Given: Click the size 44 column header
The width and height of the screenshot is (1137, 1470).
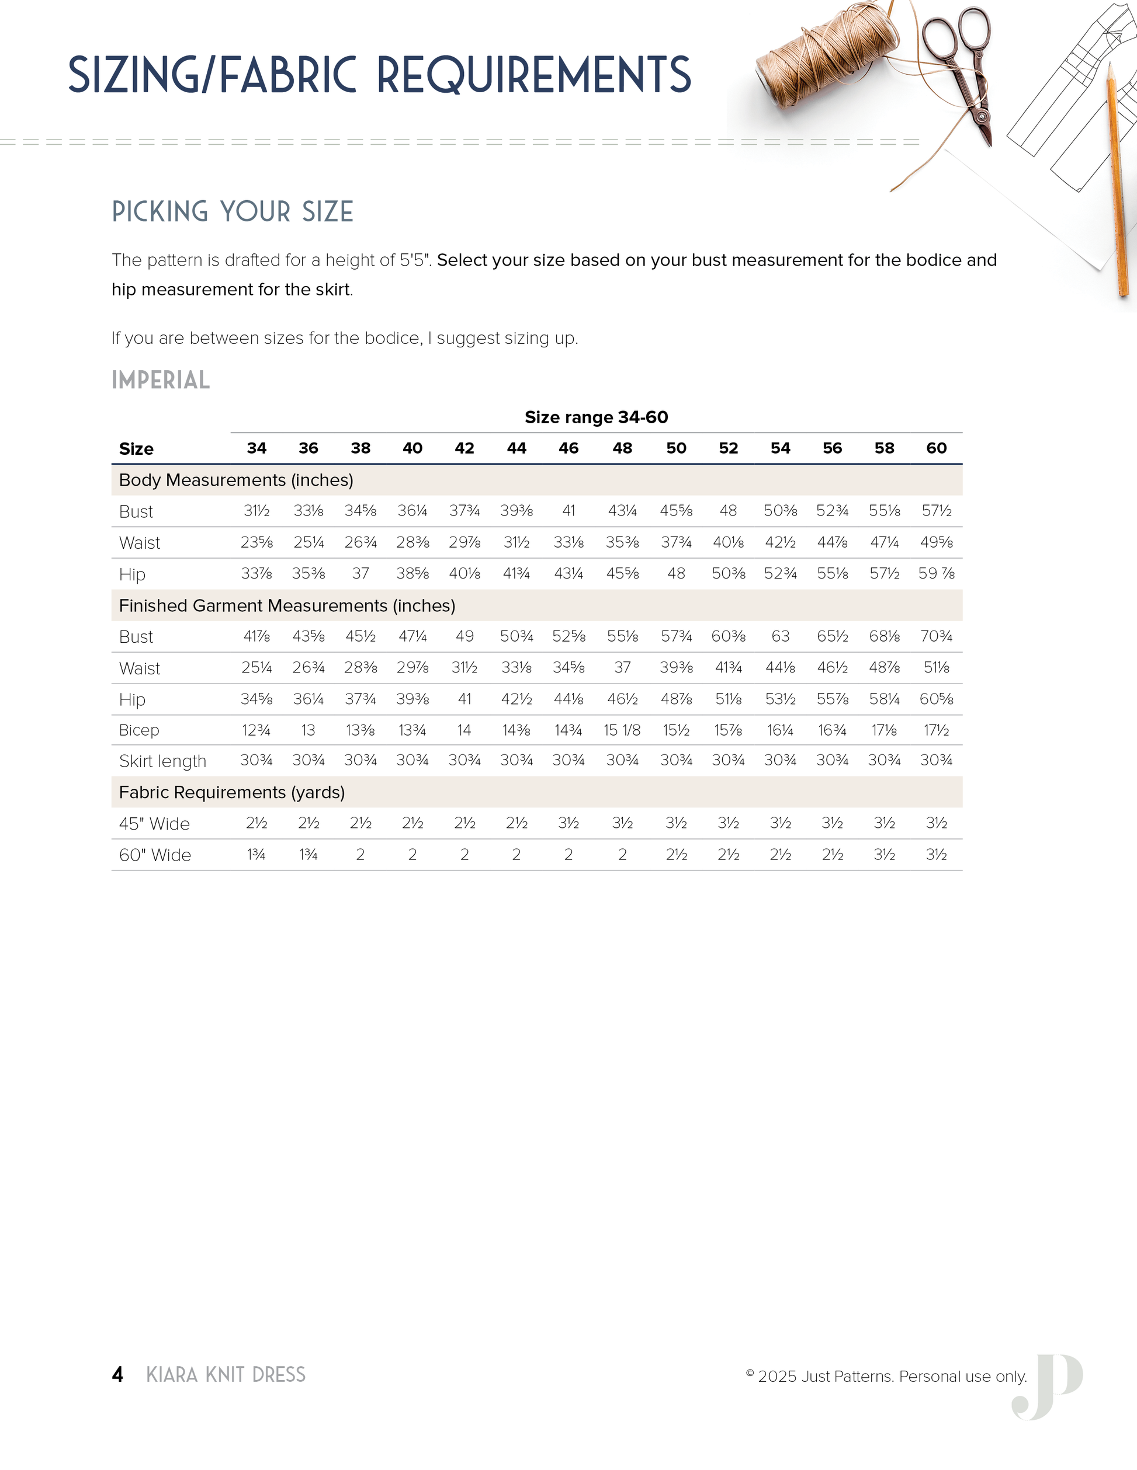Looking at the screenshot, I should [516, 448].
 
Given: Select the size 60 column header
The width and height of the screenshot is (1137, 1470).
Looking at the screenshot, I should [936, 448].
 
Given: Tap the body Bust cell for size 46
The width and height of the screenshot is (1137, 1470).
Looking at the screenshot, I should [568, 511].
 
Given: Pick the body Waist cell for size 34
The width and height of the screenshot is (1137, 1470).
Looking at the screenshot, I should [256, 542].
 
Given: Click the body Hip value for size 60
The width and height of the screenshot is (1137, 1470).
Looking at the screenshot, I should [936, 573].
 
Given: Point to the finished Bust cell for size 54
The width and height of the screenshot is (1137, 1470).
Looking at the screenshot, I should [780, 637].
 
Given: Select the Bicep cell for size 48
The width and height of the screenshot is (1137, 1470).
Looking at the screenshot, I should [622, 730].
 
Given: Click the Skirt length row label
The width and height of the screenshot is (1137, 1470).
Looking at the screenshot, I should [162, 761].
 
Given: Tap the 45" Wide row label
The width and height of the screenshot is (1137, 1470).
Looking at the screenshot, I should [154, 824].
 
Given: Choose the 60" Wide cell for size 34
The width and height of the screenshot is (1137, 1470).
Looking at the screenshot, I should [256, 855].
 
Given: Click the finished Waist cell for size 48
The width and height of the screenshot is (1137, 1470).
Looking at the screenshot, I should [622, 668].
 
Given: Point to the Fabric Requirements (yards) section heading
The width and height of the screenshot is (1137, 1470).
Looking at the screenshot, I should [232, 792].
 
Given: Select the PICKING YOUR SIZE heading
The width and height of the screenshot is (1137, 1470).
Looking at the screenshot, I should [233, 211].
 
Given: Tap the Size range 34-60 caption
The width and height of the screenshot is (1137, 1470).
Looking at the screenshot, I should [596, 417].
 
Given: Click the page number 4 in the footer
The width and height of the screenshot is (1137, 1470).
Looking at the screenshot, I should [117, 1374].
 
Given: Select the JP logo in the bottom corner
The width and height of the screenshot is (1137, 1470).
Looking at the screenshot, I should [1048, 1387].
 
